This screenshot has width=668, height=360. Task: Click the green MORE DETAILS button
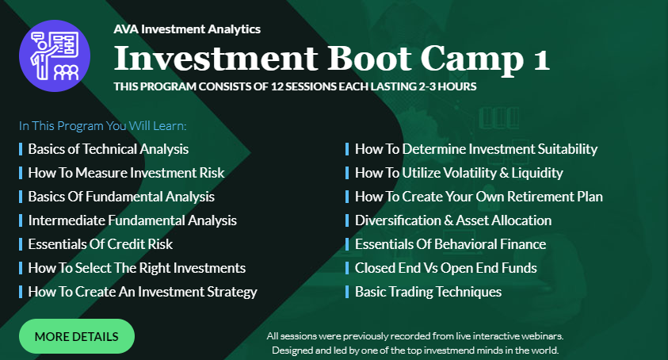[x=77, y=336]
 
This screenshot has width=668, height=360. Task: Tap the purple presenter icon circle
[x=55, y=56]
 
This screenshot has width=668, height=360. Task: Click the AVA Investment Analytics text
[x=187, y=29]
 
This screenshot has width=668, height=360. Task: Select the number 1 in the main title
[x=541, y=59]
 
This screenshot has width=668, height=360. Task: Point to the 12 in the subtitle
[x=277, y=86]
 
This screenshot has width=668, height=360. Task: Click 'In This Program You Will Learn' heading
[x=103, y=126]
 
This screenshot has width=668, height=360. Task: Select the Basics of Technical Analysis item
[x=109, y=149]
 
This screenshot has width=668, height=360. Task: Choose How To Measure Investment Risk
[x=126, y=173]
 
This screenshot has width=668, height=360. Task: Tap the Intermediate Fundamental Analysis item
[x=132, y=220]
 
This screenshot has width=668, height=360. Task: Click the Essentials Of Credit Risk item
[x=100, y=244]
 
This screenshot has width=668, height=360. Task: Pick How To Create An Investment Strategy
[x=143, y=292]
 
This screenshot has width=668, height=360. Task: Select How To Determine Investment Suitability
[x=476, y=149]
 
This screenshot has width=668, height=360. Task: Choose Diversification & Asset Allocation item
[x=453, y=220]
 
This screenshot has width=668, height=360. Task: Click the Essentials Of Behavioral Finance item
[x=450, y=244]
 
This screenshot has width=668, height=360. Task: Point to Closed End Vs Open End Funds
[x=445, y=268]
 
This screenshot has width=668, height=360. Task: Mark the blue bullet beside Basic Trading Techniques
[x=347, y=292]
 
